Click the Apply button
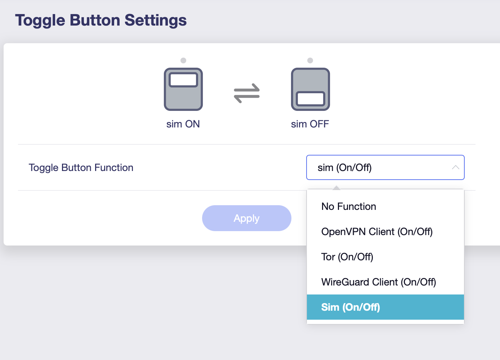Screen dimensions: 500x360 coord(247,218)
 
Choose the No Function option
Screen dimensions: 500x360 coord(349,207)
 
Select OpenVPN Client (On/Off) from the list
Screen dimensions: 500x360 coord(377,232)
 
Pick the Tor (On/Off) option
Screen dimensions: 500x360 coord(347,257)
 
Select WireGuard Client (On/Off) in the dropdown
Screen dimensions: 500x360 coord(379,282)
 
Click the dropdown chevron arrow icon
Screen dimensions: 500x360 coord(455,167)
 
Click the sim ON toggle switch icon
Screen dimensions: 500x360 coord(183,89)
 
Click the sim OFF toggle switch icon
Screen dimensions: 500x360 coord(310,89)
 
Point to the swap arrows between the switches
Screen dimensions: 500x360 coord(247,93)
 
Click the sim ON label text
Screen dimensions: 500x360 coord(183,124)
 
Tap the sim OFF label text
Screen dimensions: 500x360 coord(310,124)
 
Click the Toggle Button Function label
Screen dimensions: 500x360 coord(81,168)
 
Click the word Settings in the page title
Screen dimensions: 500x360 coord(155,20)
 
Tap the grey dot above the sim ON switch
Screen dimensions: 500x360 coord(183,60)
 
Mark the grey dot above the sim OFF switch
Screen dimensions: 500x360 coord(310,60)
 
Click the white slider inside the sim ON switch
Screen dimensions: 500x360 coord(183,80)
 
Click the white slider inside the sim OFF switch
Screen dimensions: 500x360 coord(310,99)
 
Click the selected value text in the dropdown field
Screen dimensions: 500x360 coord(345,168)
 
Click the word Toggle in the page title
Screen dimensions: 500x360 coord(40,21)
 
